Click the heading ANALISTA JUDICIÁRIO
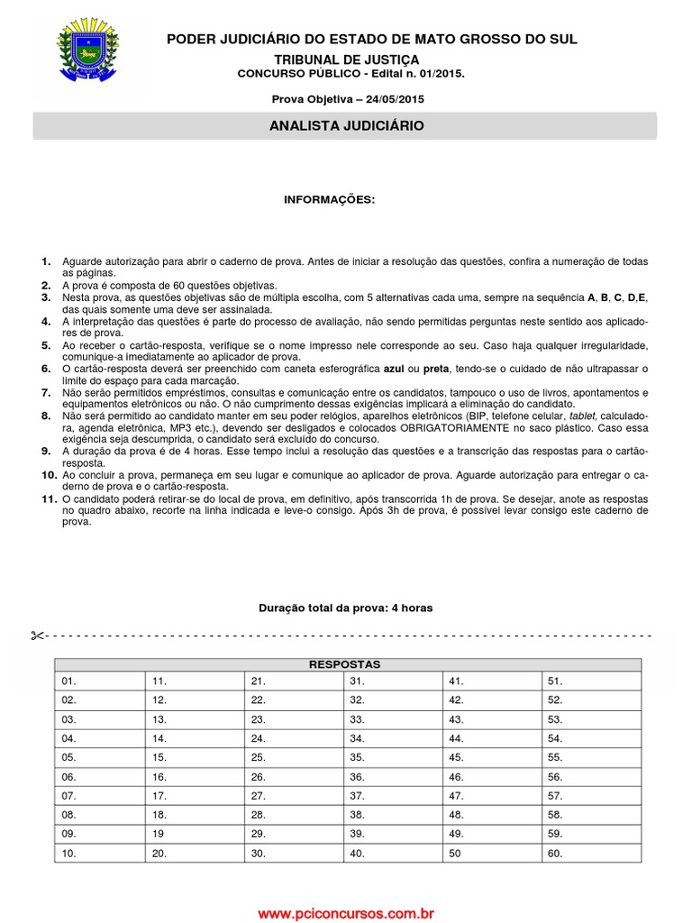pos(346,126)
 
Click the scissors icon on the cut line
pos(36,635)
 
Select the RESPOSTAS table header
pos(345,664)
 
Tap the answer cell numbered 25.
pos(294,757)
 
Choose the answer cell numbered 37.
pos(393,796)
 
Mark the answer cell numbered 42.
pos(492,699)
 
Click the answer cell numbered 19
pos(195,834)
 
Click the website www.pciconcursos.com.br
pos(346,913)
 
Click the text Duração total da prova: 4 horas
pos(345,608)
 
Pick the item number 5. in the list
pos(46,346)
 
